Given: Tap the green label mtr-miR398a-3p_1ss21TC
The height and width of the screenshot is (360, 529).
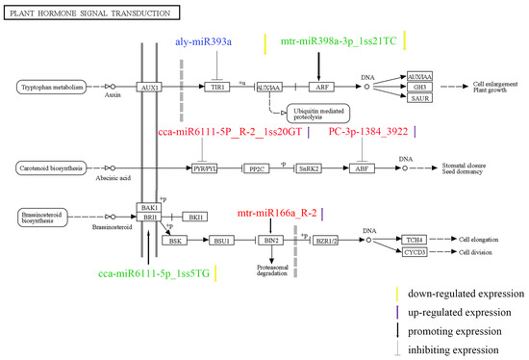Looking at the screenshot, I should (x=334, y=42).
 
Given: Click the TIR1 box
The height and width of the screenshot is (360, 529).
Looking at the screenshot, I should (x=219, y=87).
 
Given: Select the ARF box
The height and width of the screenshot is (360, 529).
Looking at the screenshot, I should (x=318, y=87).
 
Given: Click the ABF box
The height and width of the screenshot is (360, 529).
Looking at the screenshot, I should (x=362, y=167).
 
